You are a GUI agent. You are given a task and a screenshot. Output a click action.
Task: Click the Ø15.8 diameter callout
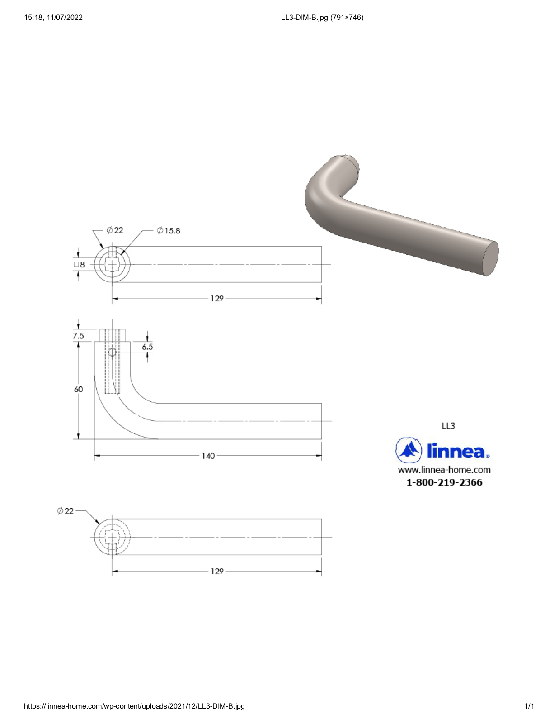pos(169,231)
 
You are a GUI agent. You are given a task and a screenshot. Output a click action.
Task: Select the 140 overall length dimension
pos(208,456)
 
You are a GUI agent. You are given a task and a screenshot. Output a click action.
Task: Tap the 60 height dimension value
pos(78,389)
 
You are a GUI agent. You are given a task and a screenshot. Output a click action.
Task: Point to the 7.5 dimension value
pos(78,336)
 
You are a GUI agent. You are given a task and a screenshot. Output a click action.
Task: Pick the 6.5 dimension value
pos(147,347)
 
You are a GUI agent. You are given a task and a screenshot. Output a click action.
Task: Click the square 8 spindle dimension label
pos(79,265)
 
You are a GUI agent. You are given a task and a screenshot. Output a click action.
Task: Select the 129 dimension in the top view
pos(217,299)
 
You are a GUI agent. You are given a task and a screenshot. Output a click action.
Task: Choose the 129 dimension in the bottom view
pos(217,572)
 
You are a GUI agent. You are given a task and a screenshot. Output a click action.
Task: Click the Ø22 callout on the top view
pos(115,230)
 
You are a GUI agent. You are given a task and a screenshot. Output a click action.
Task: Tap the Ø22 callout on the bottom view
pos(65,511)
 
